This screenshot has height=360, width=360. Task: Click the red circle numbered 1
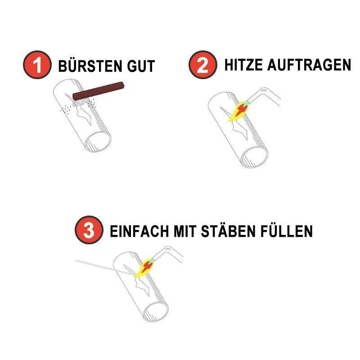click(37, 65)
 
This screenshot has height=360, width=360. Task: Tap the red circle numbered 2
click(203, 65)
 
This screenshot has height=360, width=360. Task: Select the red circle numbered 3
click(89, 230)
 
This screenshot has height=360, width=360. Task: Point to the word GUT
click(141, 66)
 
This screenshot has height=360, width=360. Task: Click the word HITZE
click(243, 65)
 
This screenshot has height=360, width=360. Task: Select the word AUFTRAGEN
click(309, 65)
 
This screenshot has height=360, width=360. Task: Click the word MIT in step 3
click(185, 231)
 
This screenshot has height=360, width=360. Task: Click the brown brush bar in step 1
click(98, 91)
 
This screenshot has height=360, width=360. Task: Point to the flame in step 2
click(238, 111)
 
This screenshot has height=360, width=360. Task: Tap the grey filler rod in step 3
click(104, 267)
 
